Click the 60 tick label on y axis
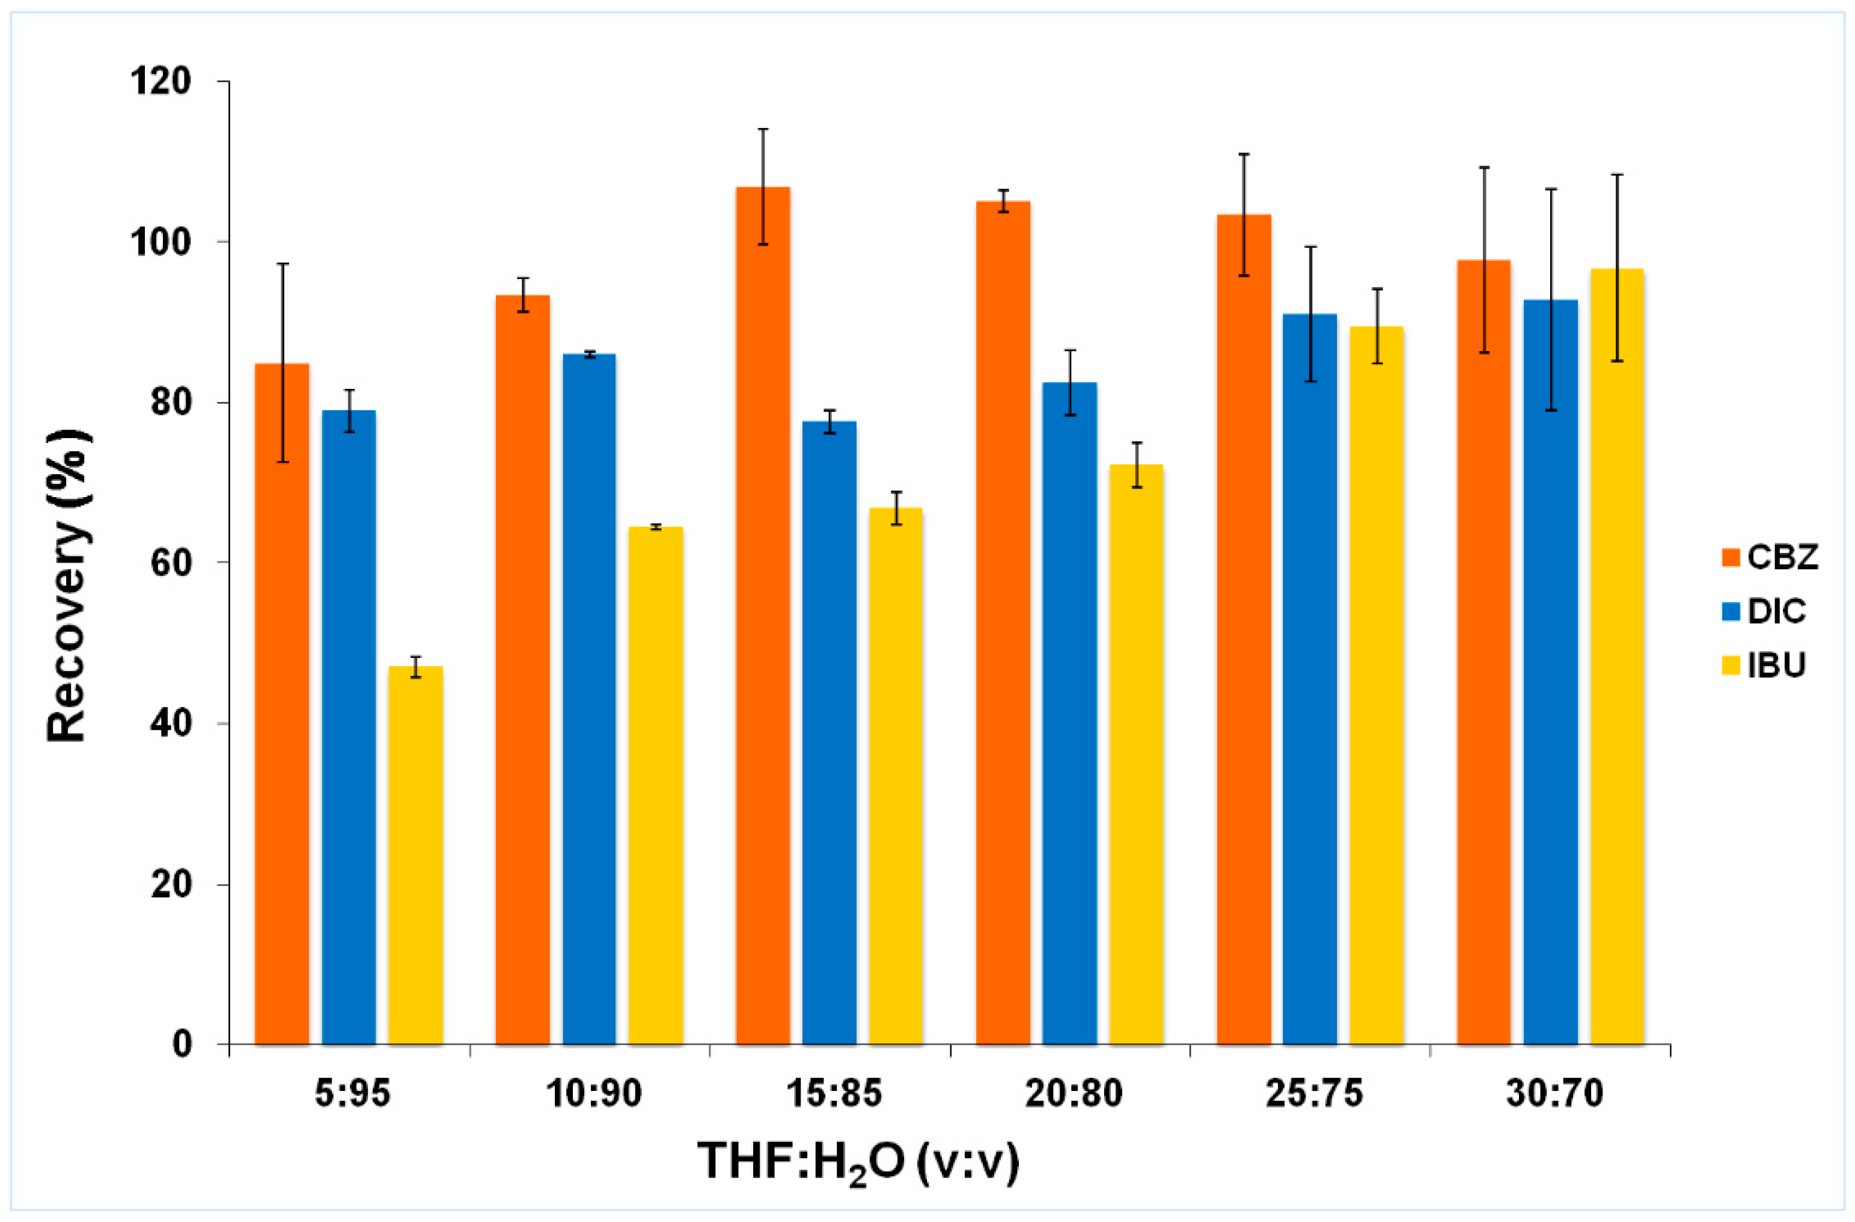tap(171, 563)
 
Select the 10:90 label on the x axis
tap(593, 1094)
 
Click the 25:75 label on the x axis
tap(1314, 1094)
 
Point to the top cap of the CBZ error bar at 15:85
tap(763, 129)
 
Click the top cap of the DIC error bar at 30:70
tap(1551, 189)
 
